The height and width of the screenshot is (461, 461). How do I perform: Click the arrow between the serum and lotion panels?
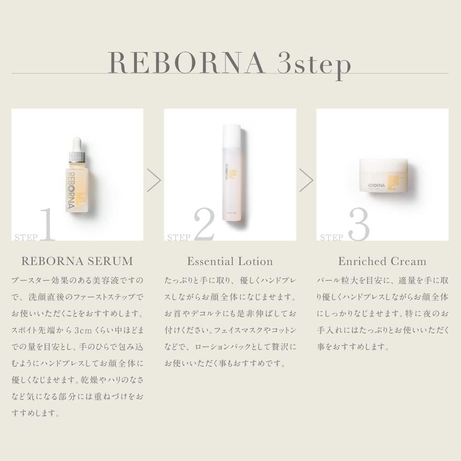tap(154, 180)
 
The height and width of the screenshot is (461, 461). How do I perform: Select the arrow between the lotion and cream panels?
tap(306, 180)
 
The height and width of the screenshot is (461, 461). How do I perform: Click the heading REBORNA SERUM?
tap(77, 261)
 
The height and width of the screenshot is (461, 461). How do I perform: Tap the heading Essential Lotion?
tap(230, 261)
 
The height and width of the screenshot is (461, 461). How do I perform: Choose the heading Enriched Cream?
tap(382, 261)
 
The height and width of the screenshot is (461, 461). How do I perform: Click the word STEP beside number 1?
tap(27, 237)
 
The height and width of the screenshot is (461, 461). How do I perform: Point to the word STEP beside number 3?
tap(332, 237)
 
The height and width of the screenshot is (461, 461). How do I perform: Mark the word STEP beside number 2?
tap(179, 237)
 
